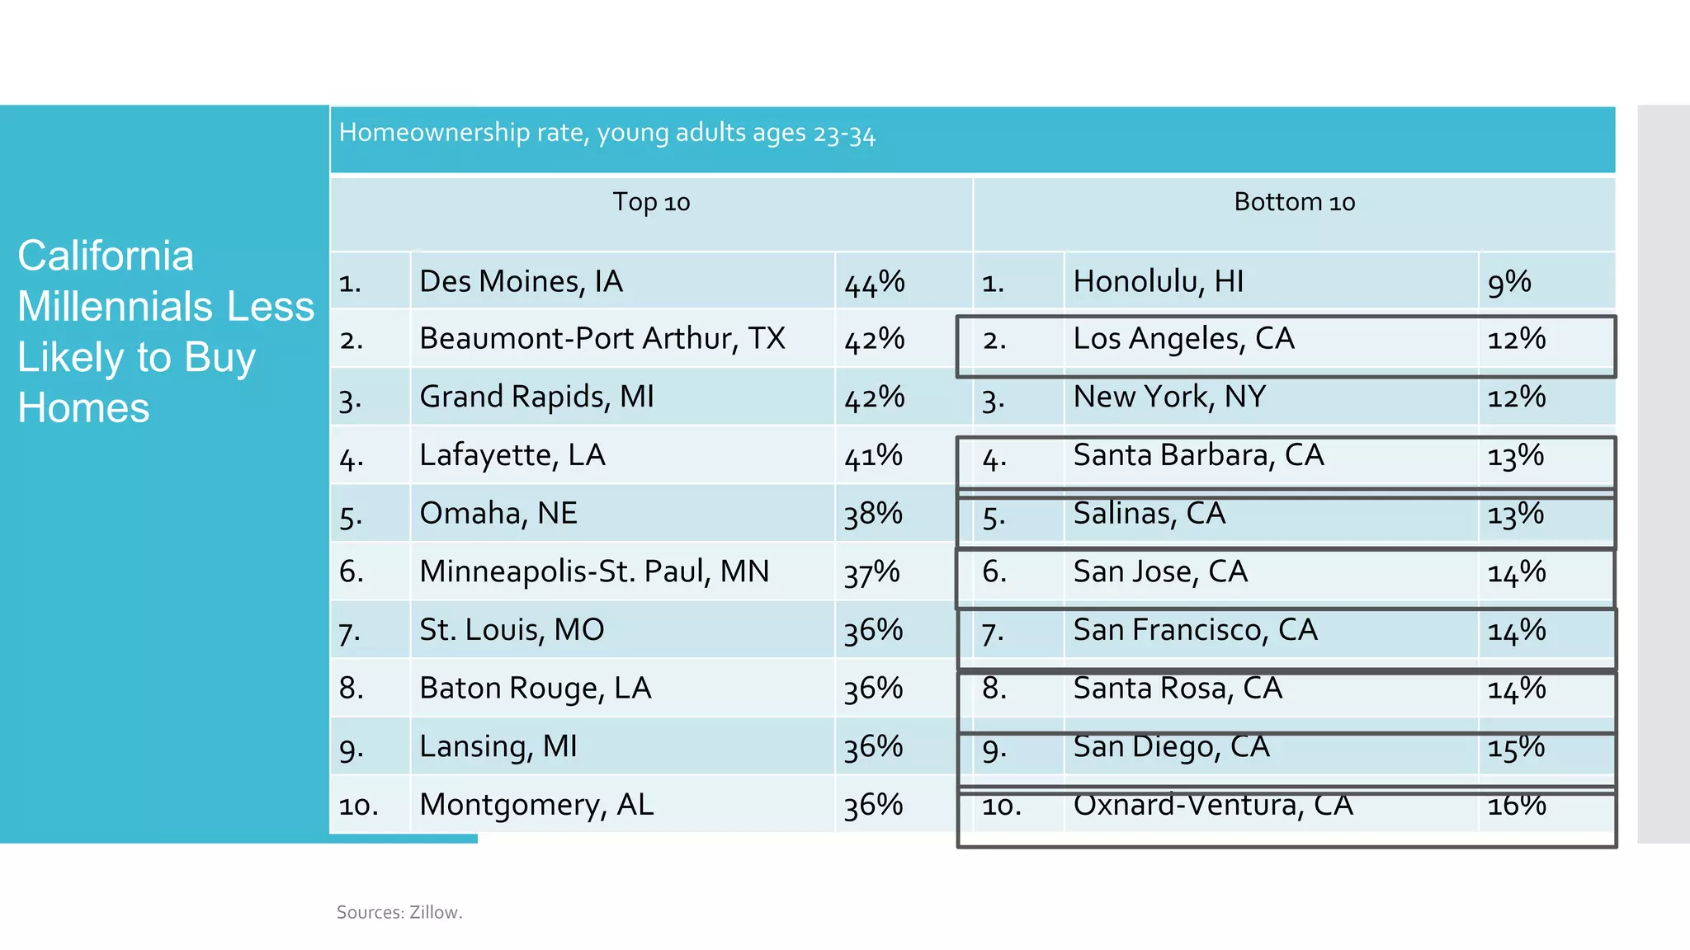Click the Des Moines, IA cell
tap(521, 282)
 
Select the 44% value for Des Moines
tap(874, 283)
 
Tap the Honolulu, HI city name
tap(1158, 282)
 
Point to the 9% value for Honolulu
tap(1508, 282)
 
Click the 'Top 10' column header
tap(651, 202)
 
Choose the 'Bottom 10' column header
tap(1294, 202)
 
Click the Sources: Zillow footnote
tap(399, 912)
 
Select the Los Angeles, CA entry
tap(1183, 339)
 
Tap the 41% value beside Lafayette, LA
tap(873, 456)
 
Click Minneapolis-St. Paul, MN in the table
tap(594, 571)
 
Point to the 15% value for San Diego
tap(1516, 747)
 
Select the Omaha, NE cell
tap(498, 514)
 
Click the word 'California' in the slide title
tap(106, 256)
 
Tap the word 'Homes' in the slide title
tap(83, 408)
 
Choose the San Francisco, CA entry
tap(1195, 631)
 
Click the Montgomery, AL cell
tap(536, 805)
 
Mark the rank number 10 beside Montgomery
tap(358, 806)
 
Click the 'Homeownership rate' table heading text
tap(607, 133)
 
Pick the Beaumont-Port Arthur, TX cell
tap(602, 339)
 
